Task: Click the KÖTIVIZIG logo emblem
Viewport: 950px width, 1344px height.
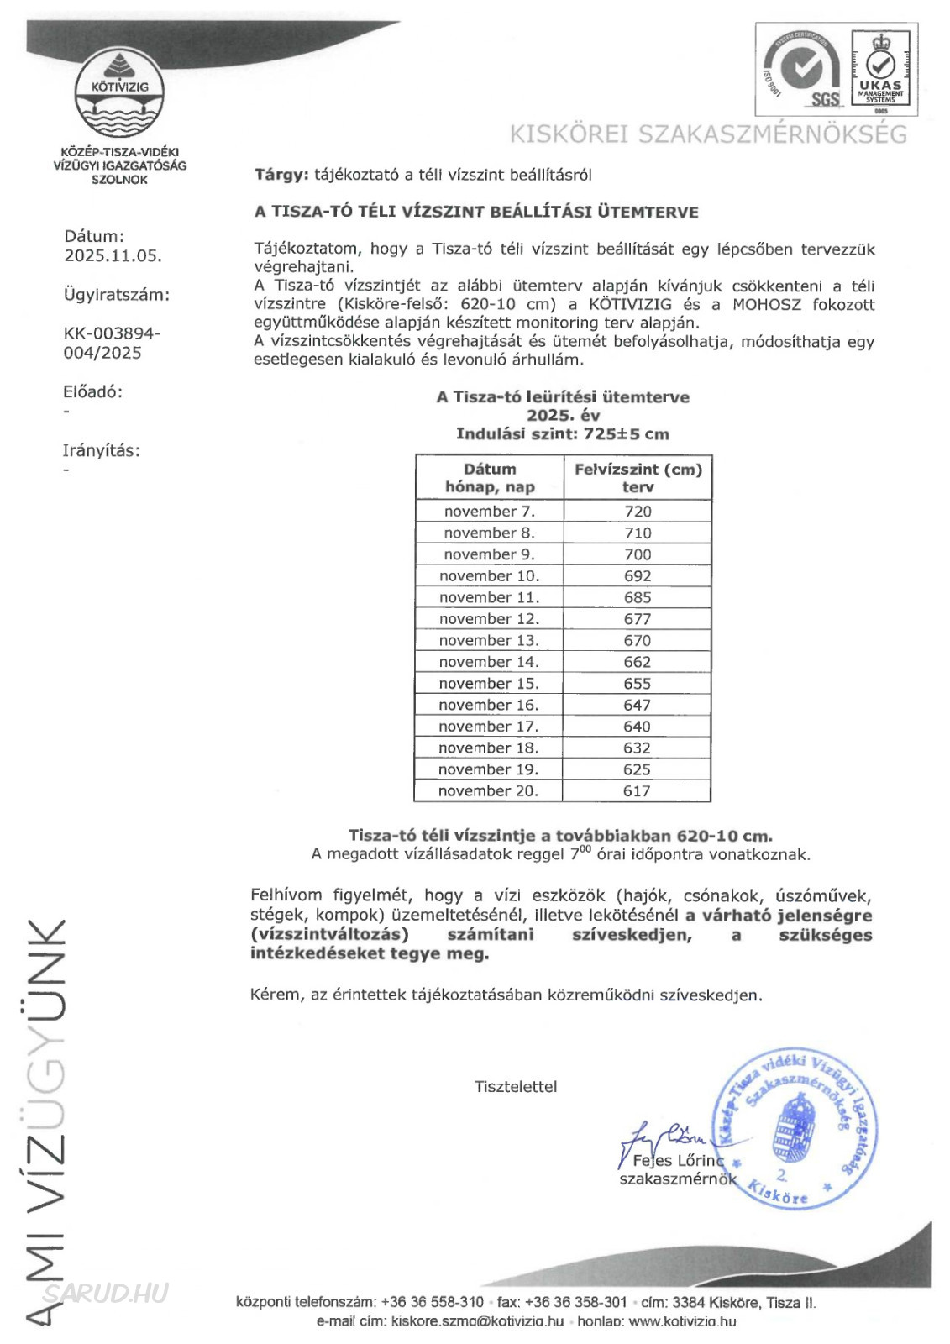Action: (x=119, y=95)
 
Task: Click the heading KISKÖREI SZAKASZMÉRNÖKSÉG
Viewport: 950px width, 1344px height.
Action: (x=709, y=134)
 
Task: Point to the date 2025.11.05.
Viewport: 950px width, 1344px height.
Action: (x=113, y=256)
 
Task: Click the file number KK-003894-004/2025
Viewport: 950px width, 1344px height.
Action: (x=112, y=343)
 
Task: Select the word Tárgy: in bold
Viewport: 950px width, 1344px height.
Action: (x=281, y=175)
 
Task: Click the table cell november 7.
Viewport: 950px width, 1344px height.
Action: (x=489, y=512)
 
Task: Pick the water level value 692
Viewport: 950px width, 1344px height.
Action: (x=638, y=576)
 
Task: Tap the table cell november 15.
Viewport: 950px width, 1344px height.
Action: (x=489, y=684)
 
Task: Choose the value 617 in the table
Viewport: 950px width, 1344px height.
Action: (x=637, y=791)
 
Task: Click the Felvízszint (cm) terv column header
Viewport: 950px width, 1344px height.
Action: (x=638, y=478)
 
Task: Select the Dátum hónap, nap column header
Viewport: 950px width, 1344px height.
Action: (x=490, y=478)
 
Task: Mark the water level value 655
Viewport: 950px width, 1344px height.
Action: (x=638, y=684)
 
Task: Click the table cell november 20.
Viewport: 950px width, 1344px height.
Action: (x=488, y=791)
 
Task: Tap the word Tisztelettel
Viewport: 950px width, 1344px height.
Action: (x=516, y=1086)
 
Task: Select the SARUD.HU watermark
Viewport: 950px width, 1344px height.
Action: (x=106, y=1293)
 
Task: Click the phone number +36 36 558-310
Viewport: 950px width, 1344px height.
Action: (x=432, y=1302)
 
